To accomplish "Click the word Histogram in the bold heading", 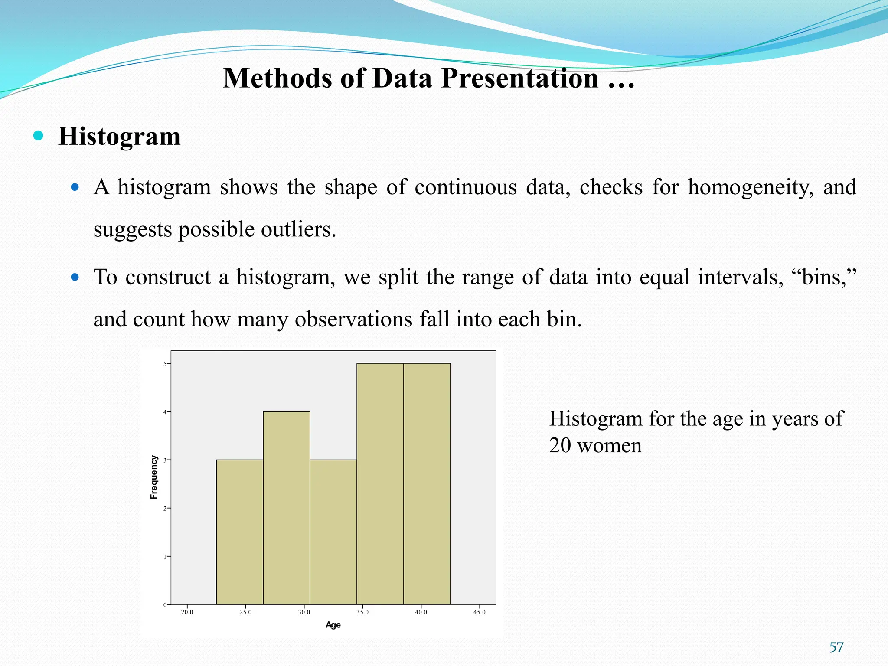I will tap(119, 137).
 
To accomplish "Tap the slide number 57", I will tap(836, 647).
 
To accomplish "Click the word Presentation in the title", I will tap(520, 78).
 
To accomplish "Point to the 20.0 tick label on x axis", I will tap(187, 612).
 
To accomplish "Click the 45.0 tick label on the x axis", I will tap(480, 612).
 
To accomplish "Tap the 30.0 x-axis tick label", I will tap(304, 612).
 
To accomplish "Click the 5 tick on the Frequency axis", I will tap(165, 364).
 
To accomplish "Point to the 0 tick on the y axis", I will tap(165, 605).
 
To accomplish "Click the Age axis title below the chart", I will tap(333, 625).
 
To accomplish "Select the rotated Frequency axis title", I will tap(154, 477).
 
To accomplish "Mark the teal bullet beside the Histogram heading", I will tap(38, 136).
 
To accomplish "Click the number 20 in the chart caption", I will tap(560, 445).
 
